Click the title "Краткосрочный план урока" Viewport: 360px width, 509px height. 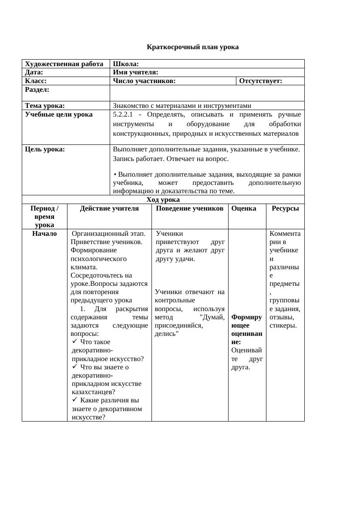coord(192,47)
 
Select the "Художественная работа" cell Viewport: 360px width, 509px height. coord(64,64)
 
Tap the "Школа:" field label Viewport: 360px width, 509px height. coord(126,64)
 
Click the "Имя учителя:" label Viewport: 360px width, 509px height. coord(135,72)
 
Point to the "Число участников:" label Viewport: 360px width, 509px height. coord(144,81)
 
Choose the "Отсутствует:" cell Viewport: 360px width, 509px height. coord(261,81)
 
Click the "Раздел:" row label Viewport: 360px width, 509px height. coord(37,90)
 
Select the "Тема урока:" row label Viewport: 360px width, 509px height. coord(45,105)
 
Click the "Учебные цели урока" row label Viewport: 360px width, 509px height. coord(59,114)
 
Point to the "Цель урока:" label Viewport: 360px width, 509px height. coord(45,149)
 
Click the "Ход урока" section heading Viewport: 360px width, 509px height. coord(163,200)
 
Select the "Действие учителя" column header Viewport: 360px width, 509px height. coord(109,208)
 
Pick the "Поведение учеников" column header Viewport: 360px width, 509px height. coord(189,208)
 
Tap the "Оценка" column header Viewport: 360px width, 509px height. coord(244,208)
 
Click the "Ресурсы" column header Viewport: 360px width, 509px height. coord(285,208)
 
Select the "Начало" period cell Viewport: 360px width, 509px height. coord(44,234)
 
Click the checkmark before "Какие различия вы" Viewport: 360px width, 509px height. coord(75,399)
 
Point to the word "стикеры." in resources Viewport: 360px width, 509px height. coord(283,325)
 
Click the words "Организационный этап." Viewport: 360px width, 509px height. coord(108,234)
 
